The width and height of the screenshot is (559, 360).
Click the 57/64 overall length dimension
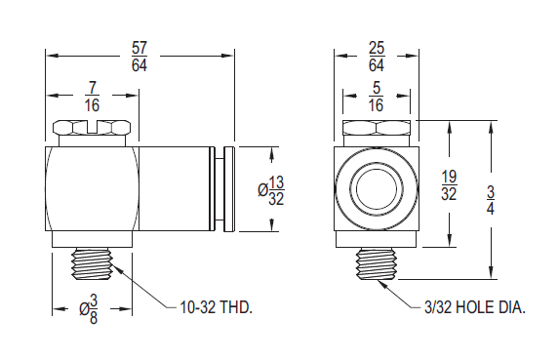pos(140,56)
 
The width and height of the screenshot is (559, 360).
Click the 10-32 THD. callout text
pos(217,306)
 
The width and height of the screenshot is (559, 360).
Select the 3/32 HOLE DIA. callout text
pos(475,306)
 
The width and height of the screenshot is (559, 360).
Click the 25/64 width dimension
pos(376,56)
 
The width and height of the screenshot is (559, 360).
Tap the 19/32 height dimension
pos(448,185)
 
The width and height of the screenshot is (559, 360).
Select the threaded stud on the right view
pos(376,263)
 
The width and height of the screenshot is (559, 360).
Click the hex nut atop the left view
pos(93,129)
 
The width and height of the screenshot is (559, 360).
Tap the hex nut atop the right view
pos(376,129)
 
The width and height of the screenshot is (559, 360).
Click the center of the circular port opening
pos(376,188)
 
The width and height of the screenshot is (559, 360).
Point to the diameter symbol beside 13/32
pos(263,191)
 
